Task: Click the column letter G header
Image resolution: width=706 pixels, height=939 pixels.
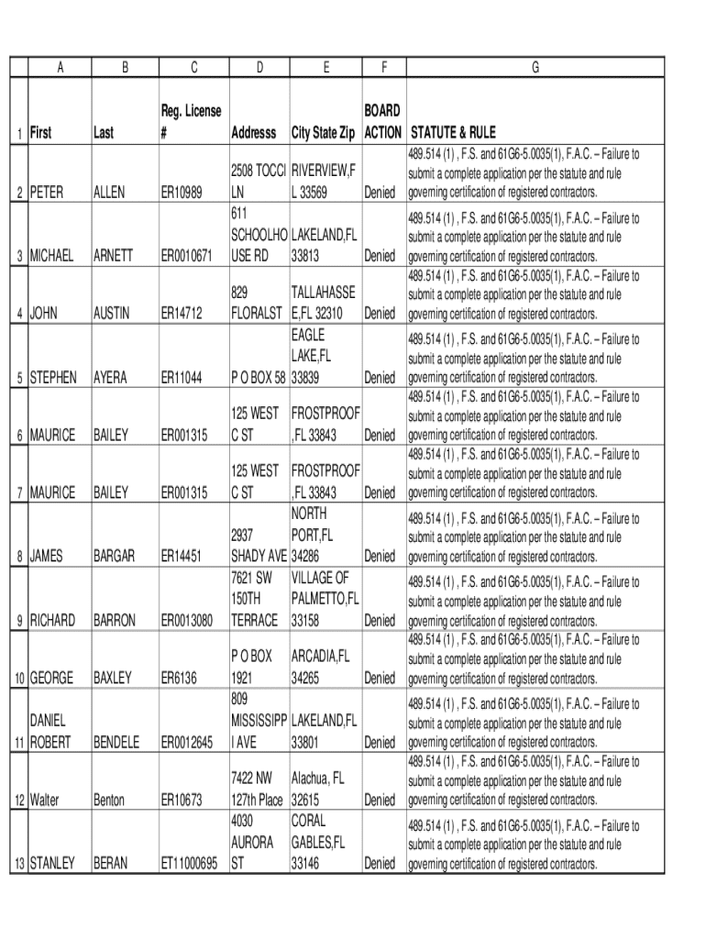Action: click(x=535, y=67)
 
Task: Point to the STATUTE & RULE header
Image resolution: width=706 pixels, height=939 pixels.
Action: click(x=453, y=133)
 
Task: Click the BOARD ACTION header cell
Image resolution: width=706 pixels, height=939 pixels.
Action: click(x=382, y=122)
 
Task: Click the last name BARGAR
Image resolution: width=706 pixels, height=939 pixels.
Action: click(x=115, y=556)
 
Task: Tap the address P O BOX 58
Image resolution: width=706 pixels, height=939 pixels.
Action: click(x=259, y=377)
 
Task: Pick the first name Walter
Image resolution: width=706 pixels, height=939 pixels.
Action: click(x=45, y=800)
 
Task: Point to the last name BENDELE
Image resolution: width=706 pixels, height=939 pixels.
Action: click(x=116, y=742)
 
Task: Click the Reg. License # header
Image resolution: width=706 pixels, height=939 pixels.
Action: click(x=192, y=122)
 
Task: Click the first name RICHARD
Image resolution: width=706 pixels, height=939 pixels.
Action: click(x=53, y=620)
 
